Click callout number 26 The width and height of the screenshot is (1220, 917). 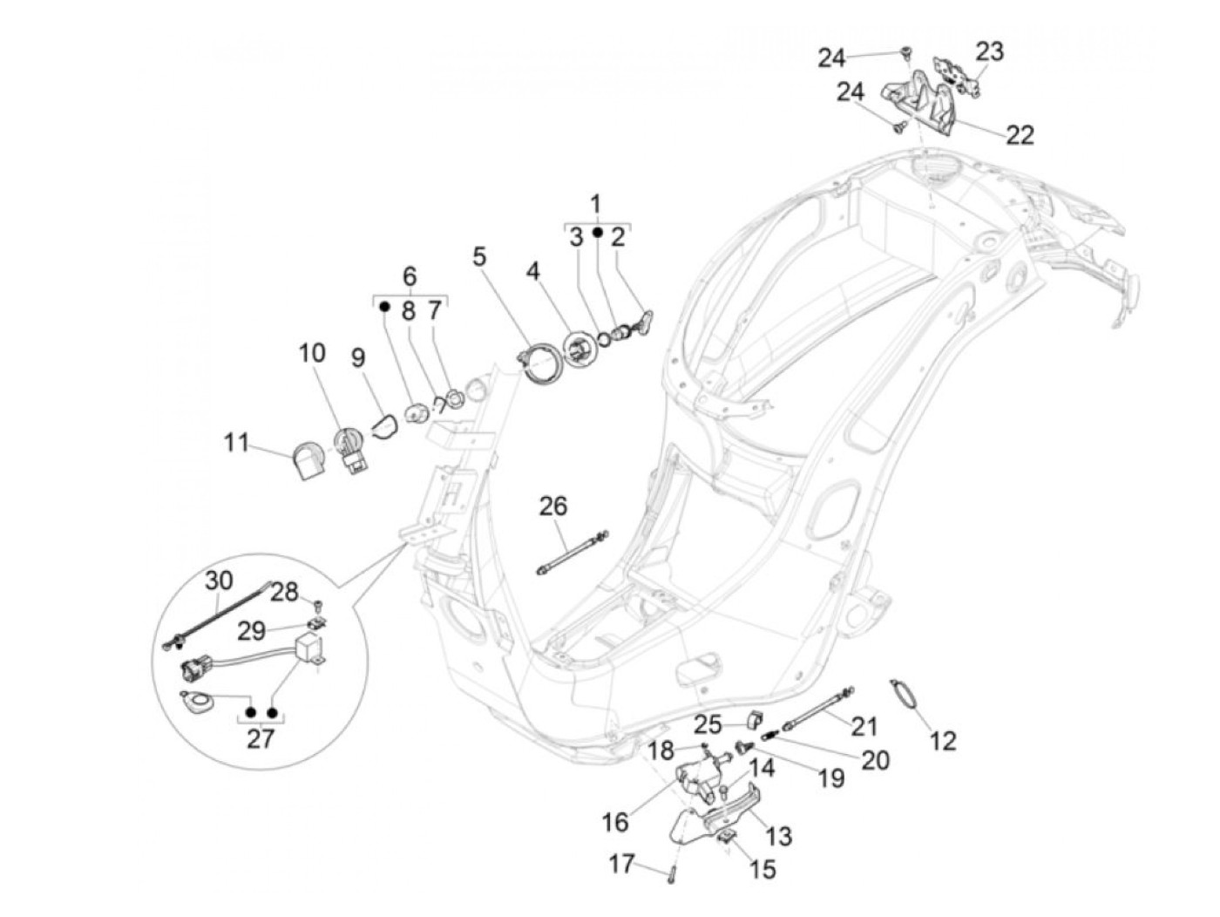pyautogui.click(x=552, y=506)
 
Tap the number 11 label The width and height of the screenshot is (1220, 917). pyautogui.click(x=236, y=442)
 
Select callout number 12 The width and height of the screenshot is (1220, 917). pyautogui.click(x=943, y=740)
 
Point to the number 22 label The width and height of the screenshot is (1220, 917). pyautogui.click(x=1020, y=134)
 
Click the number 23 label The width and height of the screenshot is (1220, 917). pyautogui.click(x=989, y=51)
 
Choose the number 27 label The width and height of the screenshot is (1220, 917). pyautogui.click(x=260, y=738)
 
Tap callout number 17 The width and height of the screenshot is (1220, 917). pyautogui.click(x=621, y=864)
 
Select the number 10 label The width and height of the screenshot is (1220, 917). pyautogui.click(x=312, y=352)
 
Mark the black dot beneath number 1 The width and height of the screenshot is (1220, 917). pyautogui.click(x=597, y=233)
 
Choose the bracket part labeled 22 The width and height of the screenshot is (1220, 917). pyautogui.click(x=922, y=105)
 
